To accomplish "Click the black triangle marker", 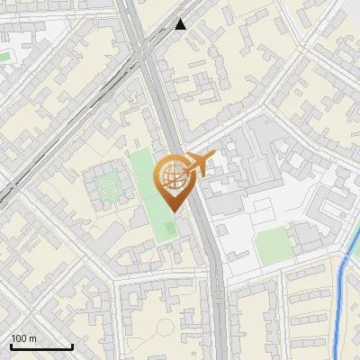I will [x=181, y=24].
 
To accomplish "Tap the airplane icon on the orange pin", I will [x=197, y=164].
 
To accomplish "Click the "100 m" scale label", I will [x=23, y=338].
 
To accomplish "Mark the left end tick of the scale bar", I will [x=10, y=346].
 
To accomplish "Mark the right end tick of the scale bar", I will [x=73, y=346].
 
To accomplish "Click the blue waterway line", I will [x=340, y=306].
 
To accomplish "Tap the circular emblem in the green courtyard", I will [x=109, y=187].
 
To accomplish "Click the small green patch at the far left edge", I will [x=4, y=57].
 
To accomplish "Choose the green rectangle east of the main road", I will [x=271, y=246].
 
